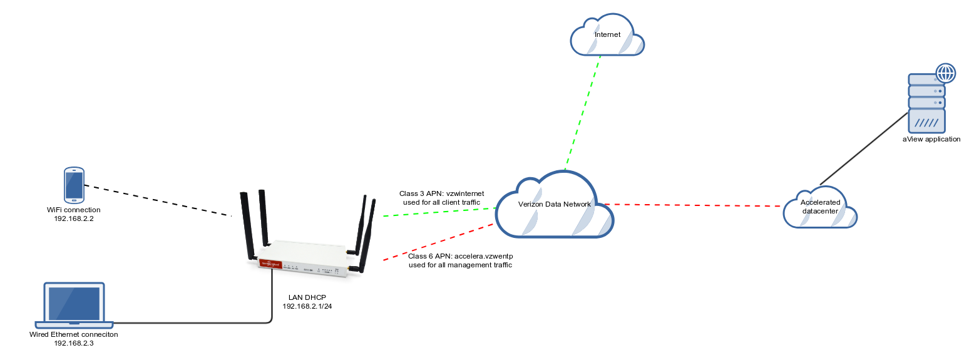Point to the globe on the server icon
[945, 73]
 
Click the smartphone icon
[74, 185]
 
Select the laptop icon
[74, 305]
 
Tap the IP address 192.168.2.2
[74, 219]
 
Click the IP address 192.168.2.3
[74, 343]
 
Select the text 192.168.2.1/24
[307, 306]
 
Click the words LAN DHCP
[307, 297]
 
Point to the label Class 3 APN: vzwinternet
[441, 193]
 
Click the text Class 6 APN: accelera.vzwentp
[460, 256]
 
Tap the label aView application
[931, 139]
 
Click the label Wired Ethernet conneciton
[74, 334]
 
